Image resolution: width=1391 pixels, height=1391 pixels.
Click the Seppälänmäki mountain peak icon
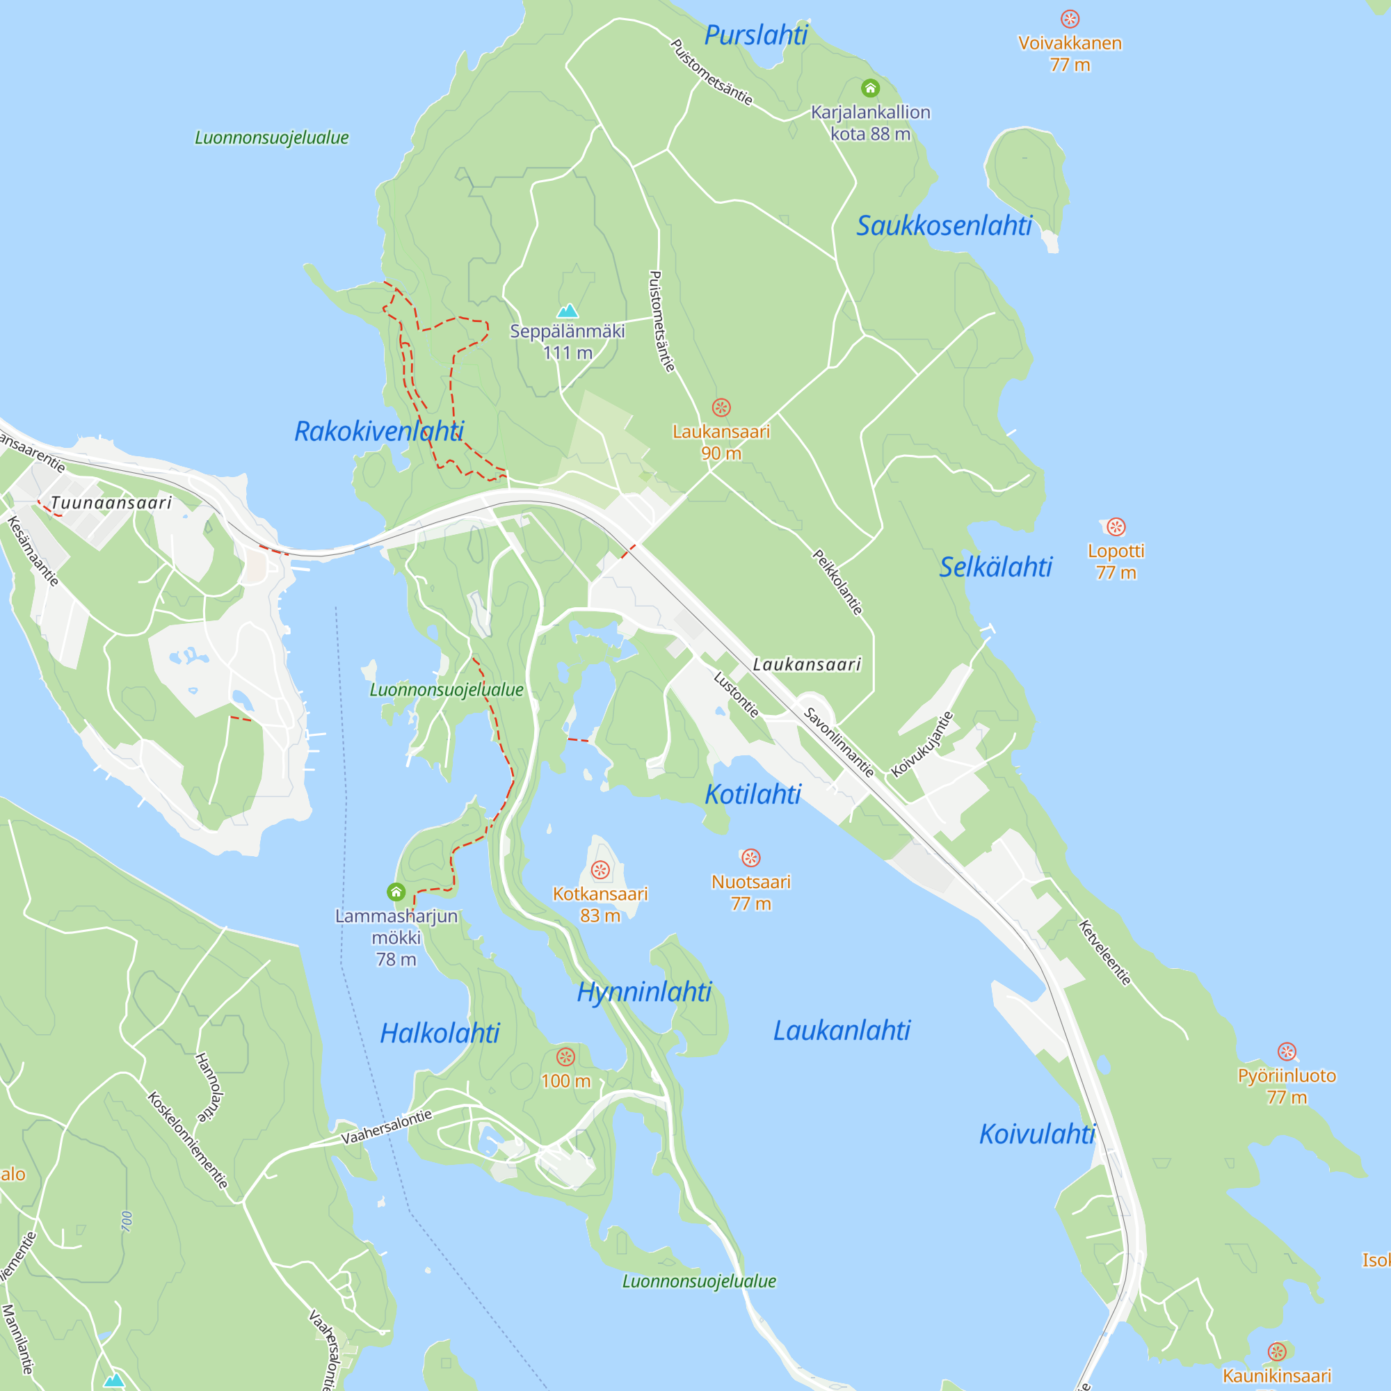(x=568, y=311)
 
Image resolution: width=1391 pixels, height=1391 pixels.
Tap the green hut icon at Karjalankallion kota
(x=871, y=88)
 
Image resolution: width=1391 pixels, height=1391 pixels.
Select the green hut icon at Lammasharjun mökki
(x=396, y=892)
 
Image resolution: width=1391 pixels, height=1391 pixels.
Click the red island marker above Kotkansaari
(x=600, y=870)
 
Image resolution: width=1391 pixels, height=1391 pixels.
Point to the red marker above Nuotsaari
(x=751, y=858)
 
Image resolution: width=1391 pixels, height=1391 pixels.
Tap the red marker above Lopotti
(x=1116, y=527)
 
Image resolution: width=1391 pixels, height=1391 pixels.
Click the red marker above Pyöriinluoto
(x=1287, y=1051)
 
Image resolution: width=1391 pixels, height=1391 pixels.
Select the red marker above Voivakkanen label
(x=1070, y=19)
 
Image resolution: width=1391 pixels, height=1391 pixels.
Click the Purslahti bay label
(x=756, y=35)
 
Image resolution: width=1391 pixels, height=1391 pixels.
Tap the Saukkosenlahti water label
(x=944, y=225)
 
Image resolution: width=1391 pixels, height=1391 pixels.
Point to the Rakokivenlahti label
(x=380, y=431)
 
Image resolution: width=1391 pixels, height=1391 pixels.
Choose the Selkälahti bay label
(x=996, y=567)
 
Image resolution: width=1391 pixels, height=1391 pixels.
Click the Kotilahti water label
(x=753, y=794)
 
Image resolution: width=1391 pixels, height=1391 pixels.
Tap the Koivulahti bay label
(x=1037, y=1134)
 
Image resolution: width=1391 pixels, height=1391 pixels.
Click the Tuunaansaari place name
(x=111, y=503)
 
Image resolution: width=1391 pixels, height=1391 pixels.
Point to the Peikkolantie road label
(x=837, y=581)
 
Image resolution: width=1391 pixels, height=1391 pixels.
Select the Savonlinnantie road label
(x=839, y=742)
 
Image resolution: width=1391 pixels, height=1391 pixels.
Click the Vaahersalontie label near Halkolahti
(x=387, y=1127)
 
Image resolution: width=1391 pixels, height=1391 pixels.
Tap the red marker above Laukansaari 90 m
(x=721, y=408)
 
